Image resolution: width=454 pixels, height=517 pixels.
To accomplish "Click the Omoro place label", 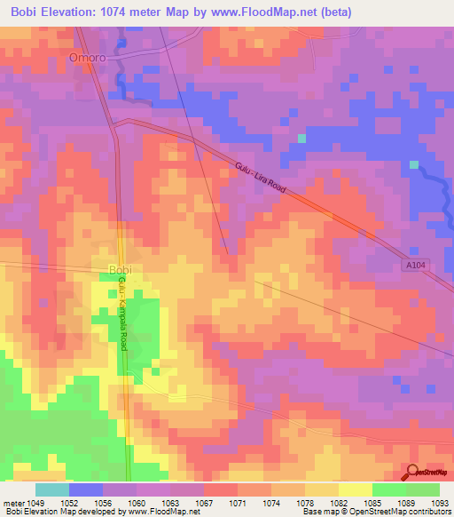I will point(87,58).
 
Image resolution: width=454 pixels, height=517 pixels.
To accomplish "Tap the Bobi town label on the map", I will point(120,269).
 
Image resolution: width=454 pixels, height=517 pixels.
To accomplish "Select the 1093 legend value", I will point(440,502).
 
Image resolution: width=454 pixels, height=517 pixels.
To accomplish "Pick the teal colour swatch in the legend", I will point(51,489).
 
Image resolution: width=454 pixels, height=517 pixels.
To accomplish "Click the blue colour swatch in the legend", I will point(85,489).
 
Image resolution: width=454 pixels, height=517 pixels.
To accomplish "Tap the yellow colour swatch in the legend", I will point(355,489).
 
